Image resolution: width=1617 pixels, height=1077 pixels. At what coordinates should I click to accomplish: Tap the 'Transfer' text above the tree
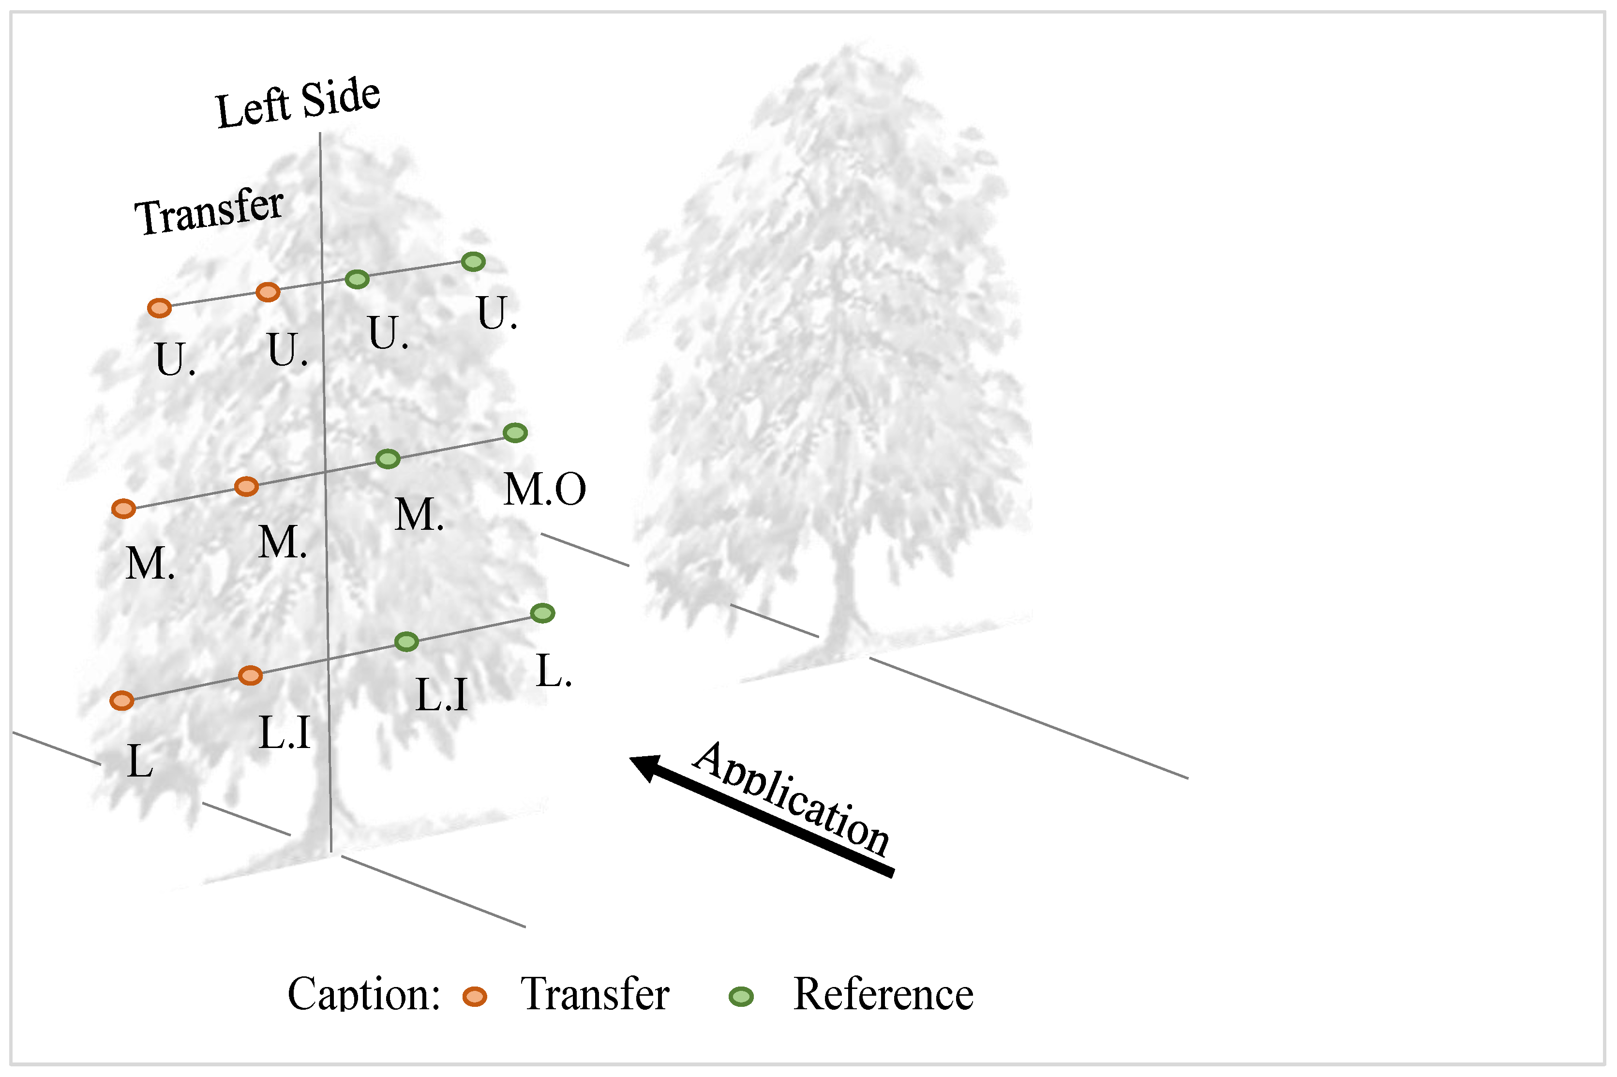(x=209, y=211)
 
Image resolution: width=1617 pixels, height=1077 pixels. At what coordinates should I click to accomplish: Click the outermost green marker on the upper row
(x=473, y=261)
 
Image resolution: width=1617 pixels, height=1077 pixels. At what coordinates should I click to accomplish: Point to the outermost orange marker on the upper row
(x=159, y=308)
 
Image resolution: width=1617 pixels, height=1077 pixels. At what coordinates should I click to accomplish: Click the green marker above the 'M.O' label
(x=515, y=433)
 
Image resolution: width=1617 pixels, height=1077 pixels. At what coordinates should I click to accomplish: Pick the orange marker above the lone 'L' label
(x=121, y=701)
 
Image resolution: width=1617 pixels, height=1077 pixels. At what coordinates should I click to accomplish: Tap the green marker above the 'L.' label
(x=543, y=613)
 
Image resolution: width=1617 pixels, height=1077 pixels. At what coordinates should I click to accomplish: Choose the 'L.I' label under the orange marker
(x=284, y=732)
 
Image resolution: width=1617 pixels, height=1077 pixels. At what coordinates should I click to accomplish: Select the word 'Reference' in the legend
(x=883, y=994)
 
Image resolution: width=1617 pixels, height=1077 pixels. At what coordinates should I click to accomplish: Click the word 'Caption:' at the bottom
(x=363, y=994)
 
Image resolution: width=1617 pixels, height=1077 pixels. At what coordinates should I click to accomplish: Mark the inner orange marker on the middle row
(x=247, y=486)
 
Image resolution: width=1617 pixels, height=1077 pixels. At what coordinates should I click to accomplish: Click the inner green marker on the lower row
(x=406, y=642)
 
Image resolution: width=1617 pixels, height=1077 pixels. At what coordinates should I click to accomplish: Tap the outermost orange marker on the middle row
(x=124, y=509)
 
